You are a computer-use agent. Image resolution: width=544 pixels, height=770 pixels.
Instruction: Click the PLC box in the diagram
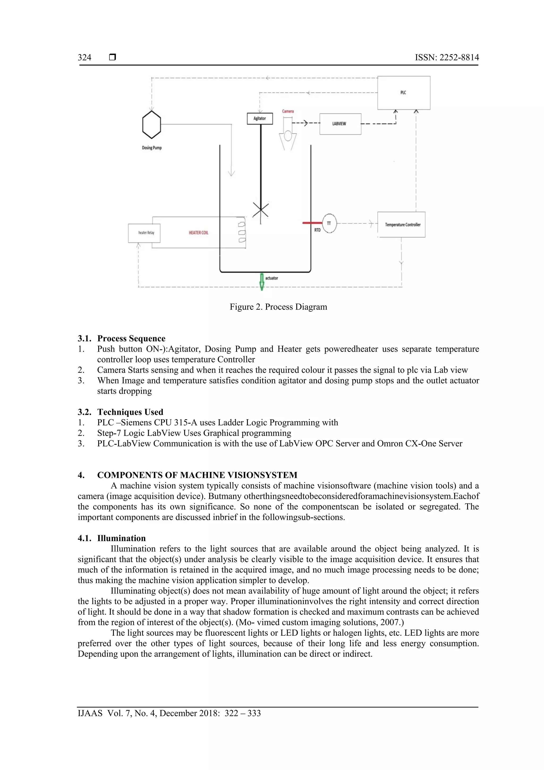[404, 93]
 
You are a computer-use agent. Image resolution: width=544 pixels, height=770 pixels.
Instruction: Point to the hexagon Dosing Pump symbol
[152, 124]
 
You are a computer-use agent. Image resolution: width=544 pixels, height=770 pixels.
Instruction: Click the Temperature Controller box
[401, 225]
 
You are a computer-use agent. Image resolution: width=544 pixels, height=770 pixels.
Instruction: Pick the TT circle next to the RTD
[329, 223]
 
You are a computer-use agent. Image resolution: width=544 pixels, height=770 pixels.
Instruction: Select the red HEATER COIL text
[198, 233]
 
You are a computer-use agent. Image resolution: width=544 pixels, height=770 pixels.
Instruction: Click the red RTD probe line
[312, 223]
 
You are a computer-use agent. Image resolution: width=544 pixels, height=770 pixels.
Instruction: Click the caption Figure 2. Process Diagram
[278, 307]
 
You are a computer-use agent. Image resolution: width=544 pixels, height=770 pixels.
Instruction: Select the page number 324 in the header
[84, 58]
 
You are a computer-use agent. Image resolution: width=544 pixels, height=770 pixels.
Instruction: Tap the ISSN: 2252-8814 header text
[447, 58]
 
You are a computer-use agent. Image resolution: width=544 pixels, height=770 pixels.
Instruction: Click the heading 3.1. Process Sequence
[122, 338]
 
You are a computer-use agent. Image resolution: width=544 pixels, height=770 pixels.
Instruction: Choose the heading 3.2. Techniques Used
[121, 412]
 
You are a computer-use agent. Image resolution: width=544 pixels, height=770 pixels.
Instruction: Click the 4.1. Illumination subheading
[112, 538]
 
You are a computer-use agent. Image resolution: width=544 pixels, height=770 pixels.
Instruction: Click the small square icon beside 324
[113, 57]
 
